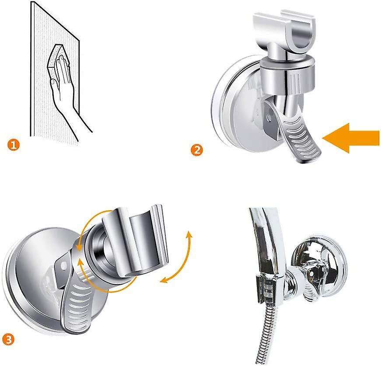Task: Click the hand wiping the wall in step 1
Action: coord(66,92)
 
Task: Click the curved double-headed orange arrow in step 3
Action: coord(179,258)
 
